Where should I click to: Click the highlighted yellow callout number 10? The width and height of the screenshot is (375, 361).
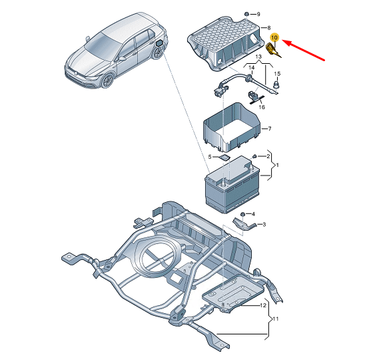(x=274, y=37)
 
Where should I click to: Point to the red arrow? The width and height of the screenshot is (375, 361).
(x=304, y=51)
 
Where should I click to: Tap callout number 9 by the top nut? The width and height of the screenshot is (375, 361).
(x=258, y=15)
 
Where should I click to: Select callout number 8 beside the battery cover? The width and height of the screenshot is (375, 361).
(x=269, y=28)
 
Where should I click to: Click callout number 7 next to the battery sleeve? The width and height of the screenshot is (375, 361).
(x=270, y=129)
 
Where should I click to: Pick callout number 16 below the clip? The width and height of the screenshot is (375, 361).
(x=262, y=107)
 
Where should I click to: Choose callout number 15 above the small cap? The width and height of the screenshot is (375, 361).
(x=277, y=74)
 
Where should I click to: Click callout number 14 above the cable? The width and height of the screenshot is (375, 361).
(x=251, y=68)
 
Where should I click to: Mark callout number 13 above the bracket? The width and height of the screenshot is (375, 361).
(x=258, y=57)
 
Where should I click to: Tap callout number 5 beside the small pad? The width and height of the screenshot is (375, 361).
(x=210, y=157)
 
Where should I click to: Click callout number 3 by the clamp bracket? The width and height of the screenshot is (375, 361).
(x=264, y=225)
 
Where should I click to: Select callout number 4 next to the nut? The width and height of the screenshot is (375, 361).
(x=253, y=214)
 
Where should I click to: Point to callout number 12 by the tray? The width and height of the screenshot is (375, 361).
(x=263, y=305)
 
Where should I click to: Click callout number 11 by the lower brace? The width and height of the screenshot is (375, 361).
(x=276, y=319)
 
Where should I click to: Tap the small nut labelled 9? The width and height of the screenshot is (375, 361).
(x=246, y=14)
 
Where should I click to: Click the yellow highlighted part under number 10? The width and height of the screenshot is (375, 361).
(x=273, y=51)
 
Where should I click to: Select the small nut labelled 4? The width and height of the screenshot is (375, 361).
(x=242, y=214)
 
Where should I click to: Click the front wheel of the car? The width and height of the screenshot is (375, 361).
(x=107, y=80)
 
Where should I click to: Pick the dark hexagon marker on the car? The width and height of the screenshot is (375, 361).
(x=159, y=43)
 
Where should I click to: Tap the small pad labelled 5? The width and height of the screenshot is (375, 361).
(x=225, y=158)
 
